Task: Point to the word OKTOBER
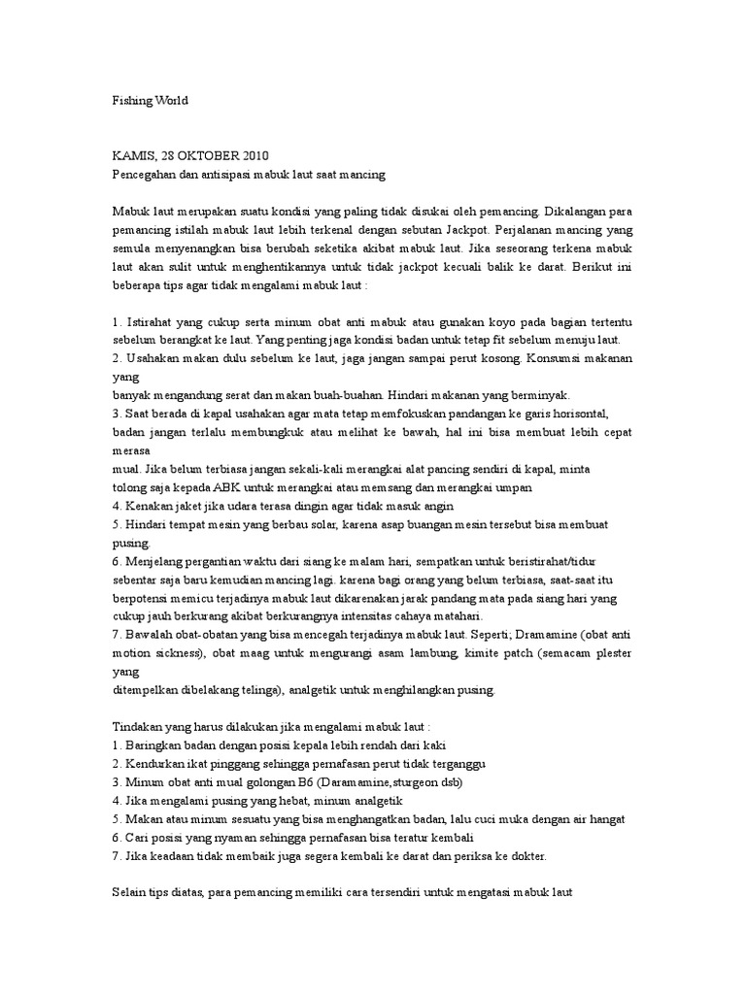[x=206, y=155]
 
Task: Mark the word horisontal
[x=598, y=414]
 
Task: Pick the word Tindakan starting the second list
[x=140, y=727]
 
